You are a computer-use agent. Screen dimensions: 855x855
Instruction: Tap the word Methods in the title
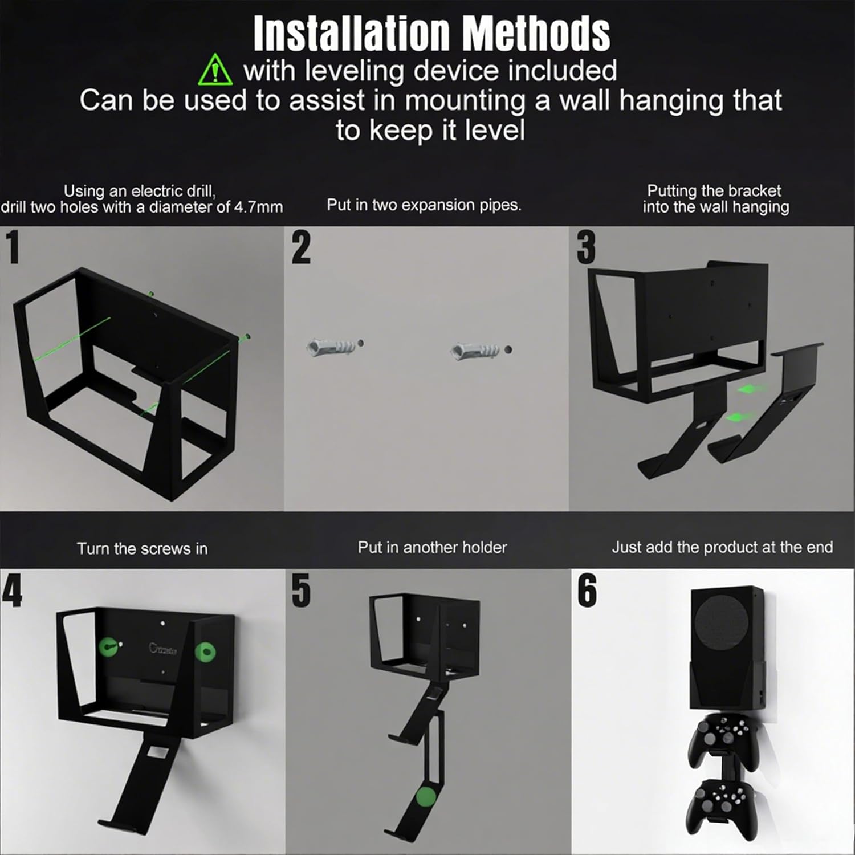click(536, 34)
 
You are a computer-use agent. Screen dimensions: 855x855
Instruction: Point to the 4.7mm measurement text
click(258, 206)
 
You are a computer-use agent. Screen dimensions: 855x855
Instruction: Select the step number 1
click(13, 247)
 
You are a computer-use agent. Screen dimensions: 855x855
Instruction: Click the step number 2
click(301, 247)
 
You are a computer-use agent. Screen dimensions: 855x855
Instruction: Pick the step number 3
click(586, 247)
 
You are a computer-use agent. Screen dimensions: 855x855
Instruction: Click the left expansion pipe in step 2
click(331, 345)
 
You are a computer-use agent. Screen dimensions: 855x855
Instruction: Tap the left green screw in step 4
click(109, 648)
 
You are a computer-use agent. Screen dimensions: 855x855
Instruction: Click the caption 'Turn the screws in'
click(142, 548)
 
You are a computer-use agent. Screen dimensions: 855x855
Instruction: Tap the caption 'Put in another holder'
click(432, 547)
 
